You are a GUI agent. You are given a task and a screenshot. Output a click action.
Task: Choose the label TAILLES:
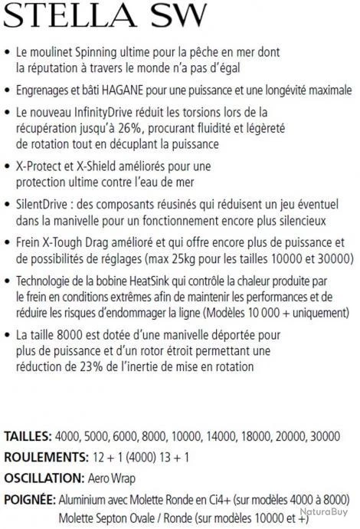tap(28, 436)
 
